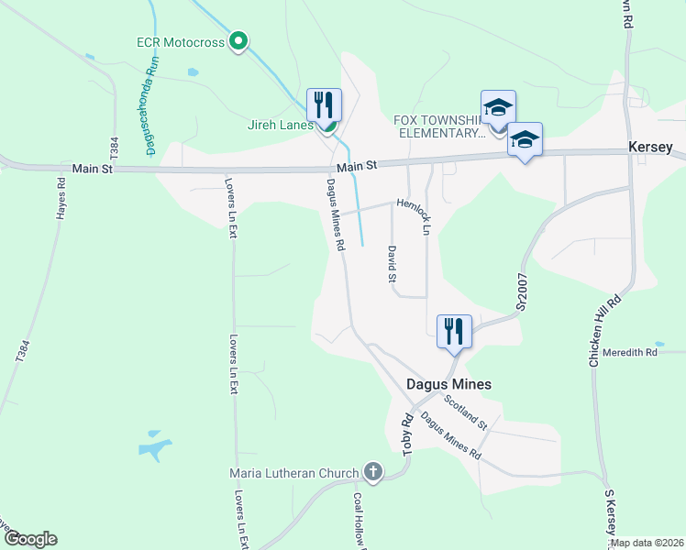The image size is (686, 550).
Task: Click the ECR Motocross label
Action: coord(180,41)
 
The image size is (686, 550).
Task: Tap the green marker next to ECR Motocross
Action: coord(238,40)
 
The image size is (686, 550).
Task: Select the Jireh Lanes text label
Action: coord(280,125)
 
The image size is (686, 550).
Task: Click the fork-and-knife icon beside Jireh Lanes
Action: coord(324,104)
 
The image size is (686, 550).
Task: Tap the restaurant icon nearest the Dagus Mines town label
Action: coord(453,331)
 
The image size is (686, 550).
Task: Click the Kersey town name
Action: coord(650,148)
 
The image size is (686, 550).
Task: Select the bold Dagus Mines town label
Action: coord(449,385)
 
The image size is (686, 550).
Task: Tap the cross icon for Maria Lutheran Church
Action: coord(372,472)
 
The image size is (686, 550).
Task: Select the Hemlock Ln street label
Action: coord(415,216)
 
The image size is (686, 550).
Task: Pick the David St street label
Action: coord(392,262)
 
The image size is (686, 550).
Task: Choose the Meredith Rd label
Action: coord(630,352)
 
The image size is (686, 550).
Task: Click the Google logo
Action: coord(30,539)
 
